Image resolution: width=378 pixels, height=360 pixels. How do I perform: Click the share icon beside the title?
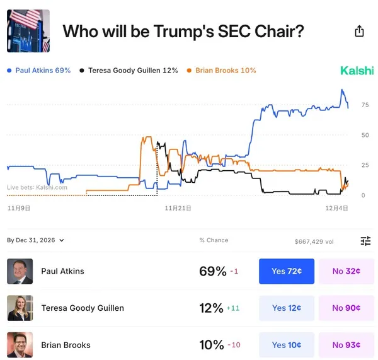[x=359, y=31]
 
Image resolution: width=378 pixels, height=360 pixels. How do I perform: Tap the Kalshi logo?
[x=357, y=71]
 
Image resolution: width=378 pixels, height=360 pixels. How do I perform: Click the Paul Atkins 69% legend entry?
[x=38, y=71]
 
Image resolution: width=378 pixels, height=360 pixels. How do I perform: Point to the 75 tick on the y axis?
[x=365, y=105]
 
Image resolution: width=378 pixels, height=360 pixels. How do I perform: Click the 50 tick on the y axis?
[x=365, y=135]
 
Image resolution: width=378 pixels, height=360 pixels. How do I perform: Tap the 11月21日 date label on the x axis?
[x=178, y=207]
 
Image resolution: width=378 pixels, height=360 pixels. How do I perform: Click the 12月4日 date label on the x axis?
[x=336, y=207]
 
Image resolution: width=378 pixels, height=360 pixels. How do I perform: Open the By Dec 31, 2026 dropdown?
[x=36, y=240]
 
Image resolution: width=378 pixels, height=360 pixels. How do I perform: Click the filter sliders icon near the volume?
[x=365, y=241]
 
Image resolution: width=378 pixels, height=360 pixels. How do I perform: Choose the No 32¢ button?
[x=346, y=271]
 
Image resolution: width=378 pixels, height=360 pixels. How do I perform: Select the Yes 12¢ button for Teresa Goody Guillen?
[x=286, y=308]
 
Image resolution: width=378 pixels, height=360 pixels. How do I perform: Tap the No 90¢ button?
[x=346, y=308]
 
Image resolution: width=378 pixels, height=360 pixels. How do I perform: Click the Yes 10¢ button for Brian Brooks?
[x=286, y=345]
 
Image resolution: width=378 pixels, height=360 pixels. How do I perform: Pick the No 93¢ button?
[x=346, y=345]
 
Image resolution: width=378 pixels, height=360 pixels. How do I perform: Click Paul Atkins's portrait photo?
[x=20, y=271]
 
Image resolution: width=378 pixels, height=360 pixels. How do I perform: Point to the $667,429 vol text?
[x=314, y=241]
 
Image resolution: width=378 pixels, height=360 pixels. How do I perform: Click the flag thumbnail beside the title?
[x=28, y=31]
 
